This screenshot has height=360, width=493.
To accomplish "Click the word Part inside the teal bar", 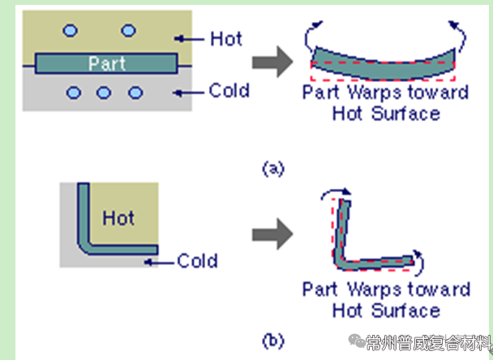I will click(x=105, y=63).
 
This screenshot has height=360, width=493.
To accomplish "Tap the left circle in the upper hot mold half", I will click(x=71, y=31).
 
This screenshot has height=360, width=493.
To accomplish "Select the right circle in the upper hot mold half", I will click(x=127, y=31).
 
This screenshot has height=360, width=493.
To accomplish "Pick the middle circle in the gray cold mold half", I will click(x=104, y=92).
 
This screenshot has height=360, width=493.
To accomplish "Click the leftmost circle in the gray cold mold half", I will click(x=75, y=92).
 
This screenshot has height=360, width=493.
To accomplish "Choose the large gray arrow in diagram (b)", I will click(x=268, y=235).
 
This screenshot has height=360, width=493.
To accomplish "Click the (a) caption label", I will click(x=272, y=168).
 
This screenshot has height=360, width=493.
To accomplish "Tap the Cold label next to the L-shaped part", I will click(x=197, y=261).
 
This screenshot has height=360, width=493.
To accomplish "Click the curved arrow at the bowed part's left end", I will click(x=311, y=36).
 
